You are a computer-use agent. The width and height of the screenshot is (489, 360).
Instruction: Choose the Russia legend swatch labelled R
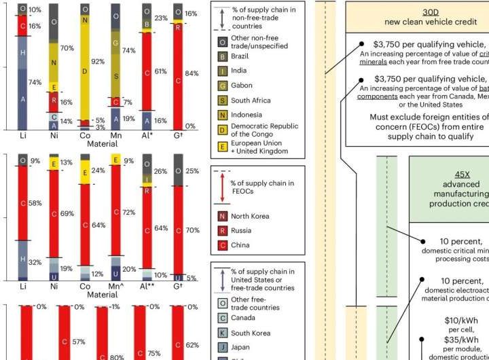223,231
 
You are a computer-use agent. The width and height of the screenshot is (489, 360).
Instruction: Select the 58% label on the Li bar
37,203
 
